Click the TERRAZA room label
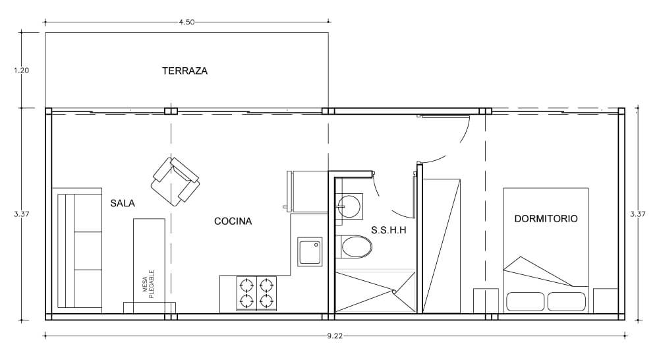coord(185,71)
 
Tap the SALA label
coord(123,204)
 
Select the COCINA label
coord(233,222)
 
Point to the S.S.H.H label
coord(389,230)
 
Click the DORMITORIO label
coord(546,219)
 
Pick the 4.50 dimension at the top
coord(186,22)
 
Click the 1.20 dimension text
coord(22,71)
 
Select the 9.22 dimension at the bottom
coord(335,336)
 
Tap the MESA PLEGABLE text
coord(148,284)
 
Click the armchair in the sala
coord(175,182)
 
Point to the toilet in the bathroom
coord(355,247)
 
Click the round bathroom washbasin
coord(349,205)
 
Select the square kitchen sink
coord(310,251)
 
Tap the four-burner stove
coord(256,293)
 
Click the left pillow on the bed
coord(526,302)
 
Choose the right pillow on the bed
coord(567,302)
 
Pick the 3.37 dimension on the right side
coord(637,214)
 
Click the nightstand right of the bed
coord(606,301)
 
